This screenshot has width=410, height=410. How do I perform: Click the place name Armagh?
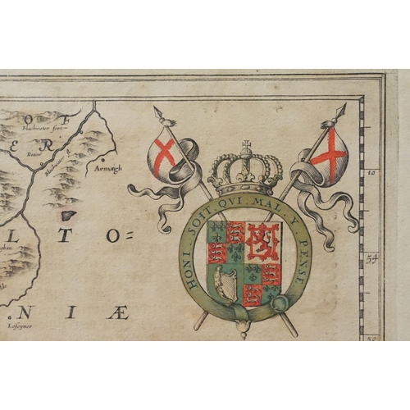tap(107, 168)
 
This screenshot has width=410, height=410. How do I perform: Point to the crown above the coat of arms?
tap(245, 173)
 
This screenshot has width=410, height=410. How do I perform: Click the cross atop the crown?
tap(245, 148)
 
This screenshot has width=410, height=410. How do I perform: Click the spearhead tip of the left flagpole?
tap(157, 111)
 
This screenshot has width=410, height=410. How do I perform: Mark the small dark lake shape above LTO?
tap(68, 216)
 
